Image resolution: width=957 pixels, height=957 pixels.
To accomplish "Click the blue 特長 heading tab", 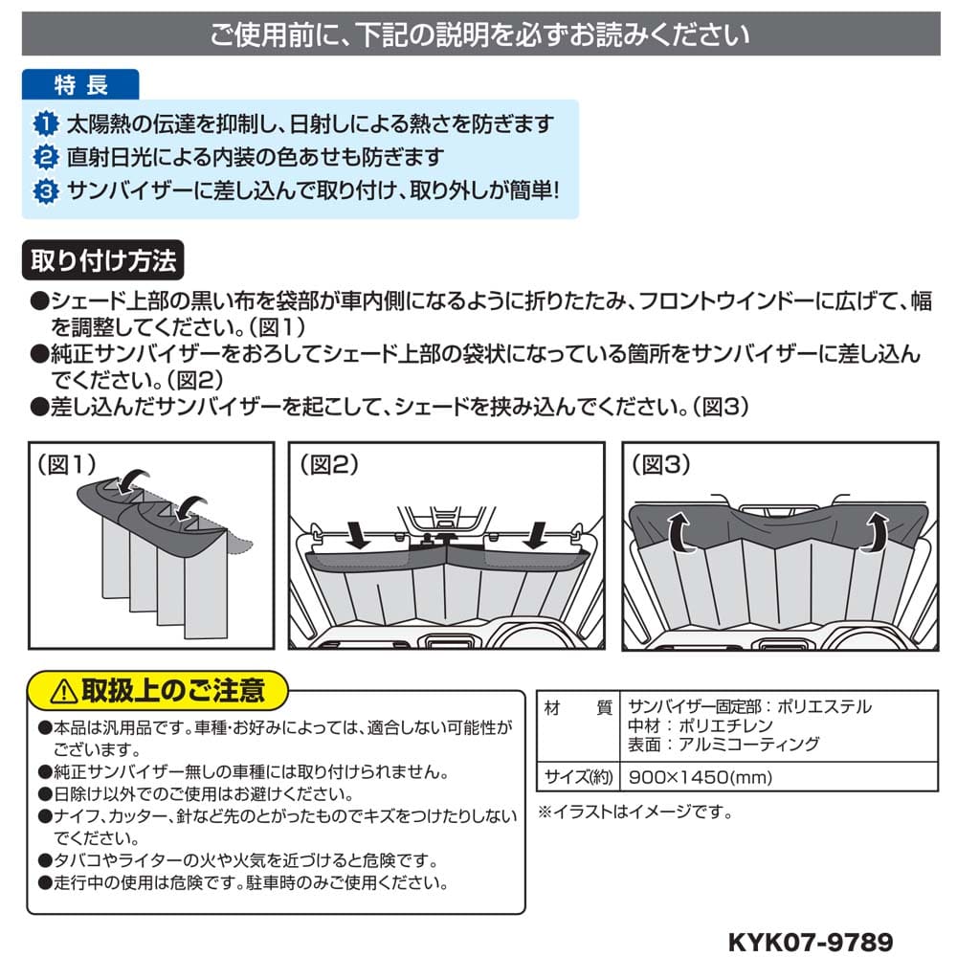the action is [x=80, y=84].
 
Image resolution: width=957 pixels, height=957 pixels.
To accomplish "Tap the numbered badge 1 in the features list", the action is [x=46, y=123].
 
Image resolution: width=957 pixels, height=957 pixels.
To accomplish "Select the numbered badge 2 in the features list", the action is [x=46, y=158].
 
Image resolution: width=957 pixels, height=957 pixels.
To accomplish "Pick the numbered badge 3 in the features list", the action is [x=46, y=191].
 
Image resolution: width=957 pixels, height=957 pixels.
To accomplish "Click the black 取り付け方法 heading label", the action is [x=103, y=260].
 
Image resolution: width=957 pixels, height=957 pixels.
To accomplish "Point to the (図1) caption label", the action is [x=67, y=465].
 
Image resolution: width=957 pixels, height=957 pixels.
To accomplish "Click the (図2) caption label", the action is [x=329, y=465].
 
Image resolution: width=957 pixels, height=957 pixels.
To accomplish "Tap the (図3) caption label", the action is [x=661, y=465].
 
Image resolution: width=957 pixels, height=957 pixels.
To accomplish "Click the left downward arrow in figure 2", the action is [x=357, y=535].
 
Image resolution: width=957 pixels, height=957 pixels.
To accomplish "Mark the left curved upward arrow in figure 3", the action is [x=679, y=532].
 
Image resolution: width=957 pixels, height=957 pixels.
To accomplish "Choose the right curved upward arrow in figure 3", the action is [x=877, y=532].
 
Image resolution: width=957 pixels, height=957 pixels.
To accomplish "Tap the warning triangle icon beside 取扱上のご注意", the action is [x=63, y=692].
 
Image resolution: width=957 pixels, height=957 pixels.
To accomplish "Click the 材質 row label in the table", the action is [x=578, y=708].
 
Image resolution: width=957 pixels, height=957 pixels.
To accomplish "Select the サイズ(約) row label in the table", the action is [x=578, y=777].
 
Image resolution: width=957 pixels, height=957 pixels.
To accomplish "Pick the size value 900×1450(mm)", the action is [x=701, y=777].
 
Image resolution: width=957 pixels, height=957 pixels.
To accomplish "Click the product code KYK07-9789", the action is [x=811, y=942].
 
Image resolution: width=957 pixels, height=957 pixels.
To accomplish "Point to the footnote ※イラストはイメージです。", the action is [x=635, y=812].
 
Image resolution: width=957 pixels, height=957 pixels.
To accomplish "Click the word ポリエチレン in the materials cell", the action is [x=725, y=725].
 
